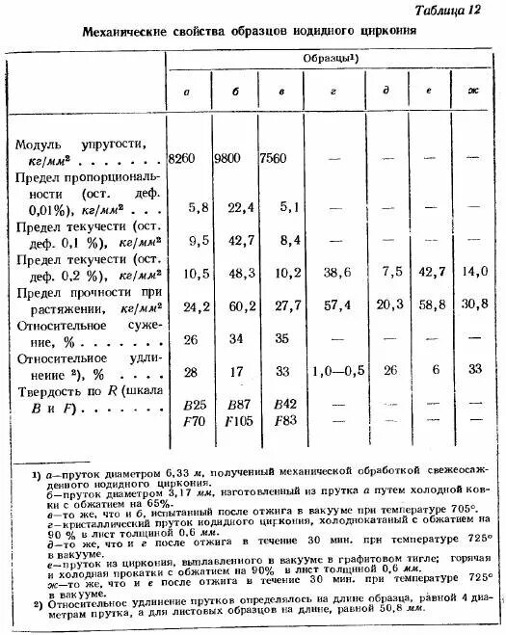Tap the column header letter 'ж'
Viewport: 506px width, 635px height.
tap(473, 92)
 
